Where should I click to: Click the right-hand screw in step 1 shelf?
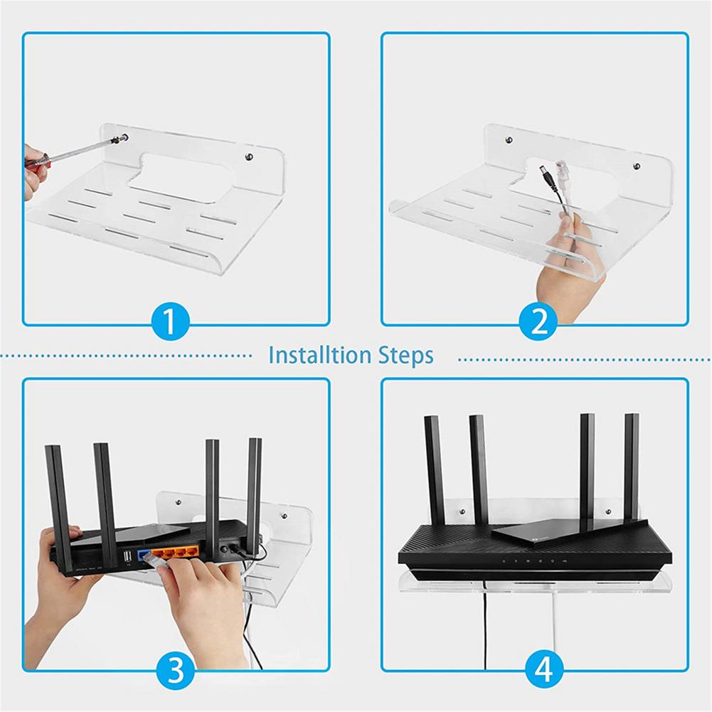pyautogui.click(x=248, y=156)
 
